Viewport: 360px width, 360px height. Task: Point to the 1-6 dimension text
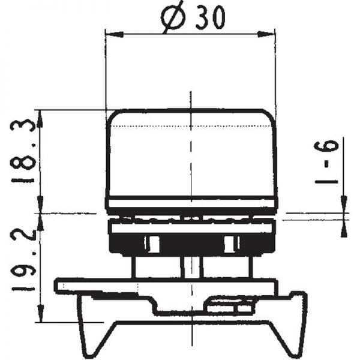[x=328, y=161]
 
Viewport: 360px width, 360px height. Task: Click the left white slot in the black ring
[x=153, y=244]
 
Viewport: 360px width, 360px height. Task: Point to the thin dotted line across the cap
[x=191, y=127]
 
